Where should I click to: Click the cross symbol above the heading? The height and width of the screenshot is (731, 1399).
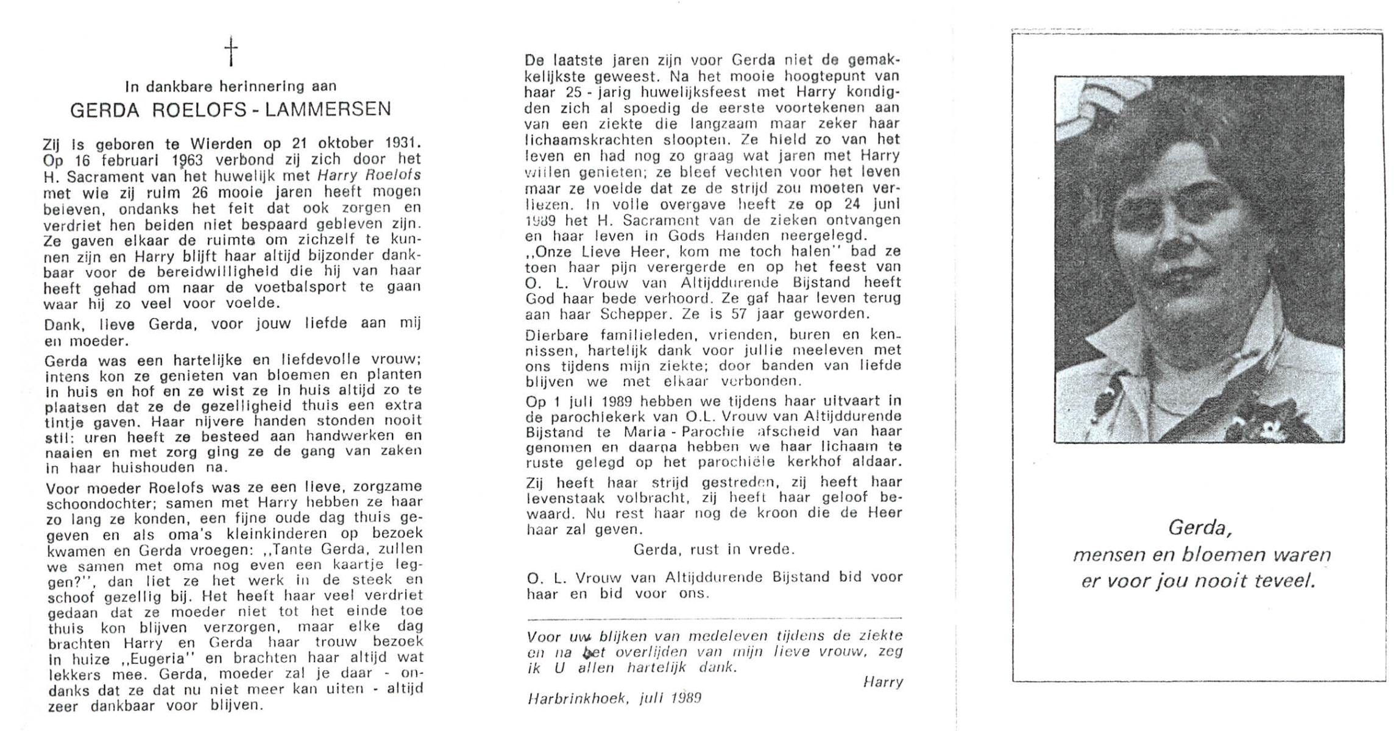pos(231,52)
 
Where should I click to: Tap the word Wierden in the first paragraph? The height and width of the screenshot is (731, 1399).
pos(221,144)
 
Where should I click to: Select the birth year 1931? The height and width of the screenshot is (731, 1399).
pos(403,144)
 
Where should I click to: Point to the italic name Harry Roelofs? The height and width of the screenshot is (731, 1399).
pos(370,175)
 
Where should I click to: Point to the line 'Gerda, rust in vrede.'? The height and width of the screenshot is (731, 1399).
pos(714,549)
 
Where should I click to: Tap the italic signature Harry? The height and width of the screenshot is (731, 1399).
pos(883,682)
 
